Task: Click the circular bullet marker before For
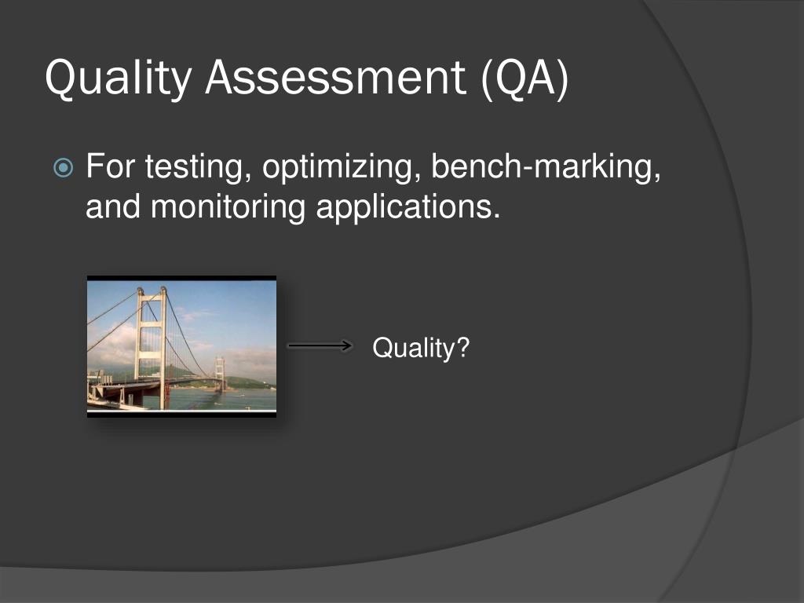(x=64, y=167)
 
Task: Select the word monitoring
(x=228, y=207)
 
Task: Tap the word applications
(x=408, y=207)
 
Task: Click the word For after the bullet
(x=111, y=167)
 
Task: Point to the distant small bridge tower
(x=221, y=372)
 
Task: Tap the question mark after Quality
(x=462, y=347)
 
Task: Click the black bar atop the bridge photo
(x=181, y=278)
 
